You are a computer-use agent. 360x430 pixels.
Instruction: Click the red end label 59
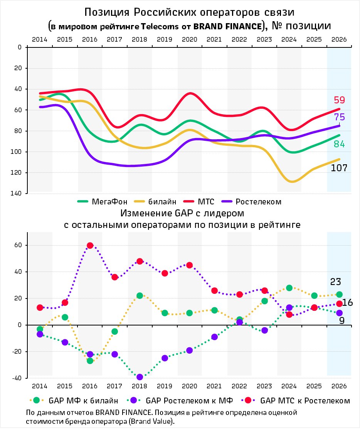pyautogui.click(x=339, y=100)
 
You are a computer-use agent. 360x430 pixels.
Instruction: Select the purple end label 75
pyautogui.click(x=339, y=117)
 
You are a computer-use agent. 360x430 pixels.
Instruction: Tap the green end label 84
pyautogui.click(x=339, y=144)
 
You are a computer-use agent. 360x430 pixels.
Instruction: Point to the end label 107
pyautogui.click(x=339, y=168)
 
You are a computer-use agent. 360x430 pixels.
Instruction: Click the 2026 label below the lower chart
pyautogui.click(x=339, y=386)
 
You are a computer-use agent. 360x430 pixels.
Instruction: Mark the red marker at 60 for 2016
pyautogui.click(x=90, y=246)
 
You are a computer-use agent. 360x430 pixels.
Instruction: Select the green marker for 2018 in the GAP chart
pyautogui.click(x=140, y=296)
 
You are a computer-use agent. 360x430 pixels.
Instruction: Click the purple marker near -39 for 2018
pyautogui.click(x=140, y=377)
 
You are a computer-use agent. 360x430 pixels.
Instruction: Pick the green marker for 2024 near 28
pyautogui.click(x=289, y=288)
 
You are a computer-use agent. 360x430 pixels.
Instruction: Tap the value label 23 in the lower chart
pyautogui.click(x=336, y=282)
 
